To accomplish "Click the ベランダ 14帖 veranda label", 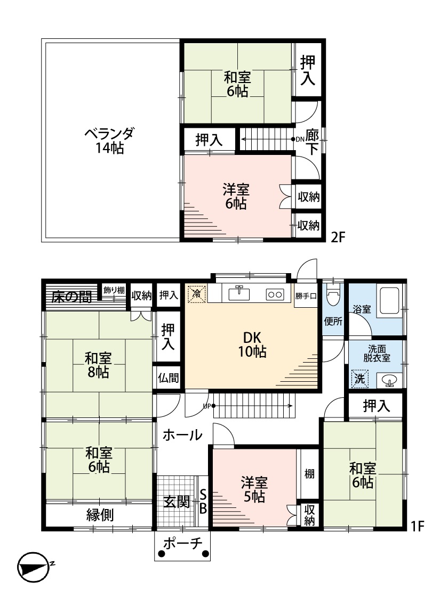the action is pyautogui.click(x=109, y=141).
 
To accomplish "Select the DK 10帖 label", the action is pyautogui.click(x=252, y=344).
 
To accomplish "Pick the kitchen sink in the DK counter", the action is pyautogui.click(x=239, y=293).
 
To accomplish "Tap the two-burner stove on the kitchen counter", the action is pyautogui.click(x=275, y=294).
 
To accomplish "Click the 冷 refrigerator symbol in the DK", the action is pyautogui.click(x=197, y=294).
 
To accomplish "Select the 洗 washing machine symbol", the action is pyautogui.click(x=359, y=379).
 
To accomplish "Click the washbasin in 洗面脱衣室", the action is pyautogui.click(x=389, y=381).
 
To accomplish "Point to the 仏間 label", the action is pyautogui.click(x=169, y=378).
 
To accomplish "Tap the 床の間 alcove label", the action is pyautogui.click(x=73, y=297).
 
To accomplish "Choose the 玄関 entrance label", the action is pyautogui.click(x=177, y=502).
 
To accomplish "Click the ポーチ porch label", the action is pyautogui.click(x=182, y=543).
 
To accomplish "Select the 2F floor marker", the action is pyautogui.click(x=338, y=237).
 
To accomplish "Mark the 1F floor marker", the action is pyautogui.click(x=418, y=526).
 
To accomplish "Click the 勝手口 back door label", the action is pyautogui.click(x=306, y=296).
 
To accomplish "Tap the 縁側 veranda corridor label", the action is pyautogui.click(x=100, y=515).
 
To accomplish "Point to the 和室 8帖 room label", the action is pyautogui.click(x=98, y=365).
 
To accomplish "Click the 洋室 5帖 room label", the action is pyautogui.click(x=254, y=489).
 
